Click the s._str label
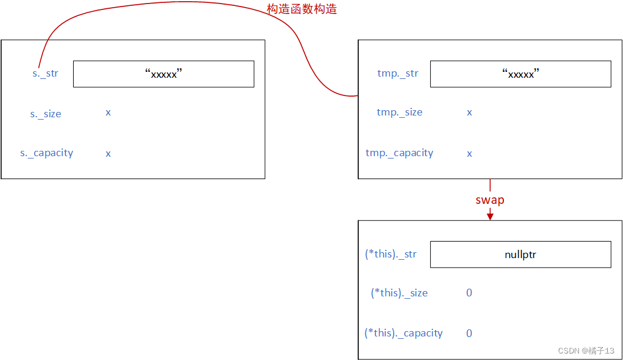click(45, 74)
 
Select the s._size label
click(45, 114)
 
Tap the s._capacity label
click(47, 153)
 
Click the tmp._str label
click(398, 74)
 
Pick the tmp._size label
click(400, 112)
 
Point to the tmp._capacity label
click(399, 153)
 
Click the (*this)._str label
click(391, 254)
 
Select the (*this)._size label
click(399, 293)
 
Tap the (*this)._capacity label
click(403, 333)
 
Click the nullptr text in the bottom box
click(520, 255)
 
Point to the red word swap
click(490, 200)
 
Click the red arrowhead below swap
click(490, 216)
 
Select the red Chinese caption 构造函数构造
click(302, 9)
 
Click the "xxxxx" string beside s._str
click(163, 74)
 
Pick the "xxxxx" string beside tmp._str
click(520, 74)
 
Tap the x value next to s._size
click(108, 113)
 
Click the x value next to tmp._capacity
click(469, 154)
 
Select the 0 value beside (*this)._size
click(469, 293)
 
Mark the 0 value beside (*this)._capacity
click(469, 333)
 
